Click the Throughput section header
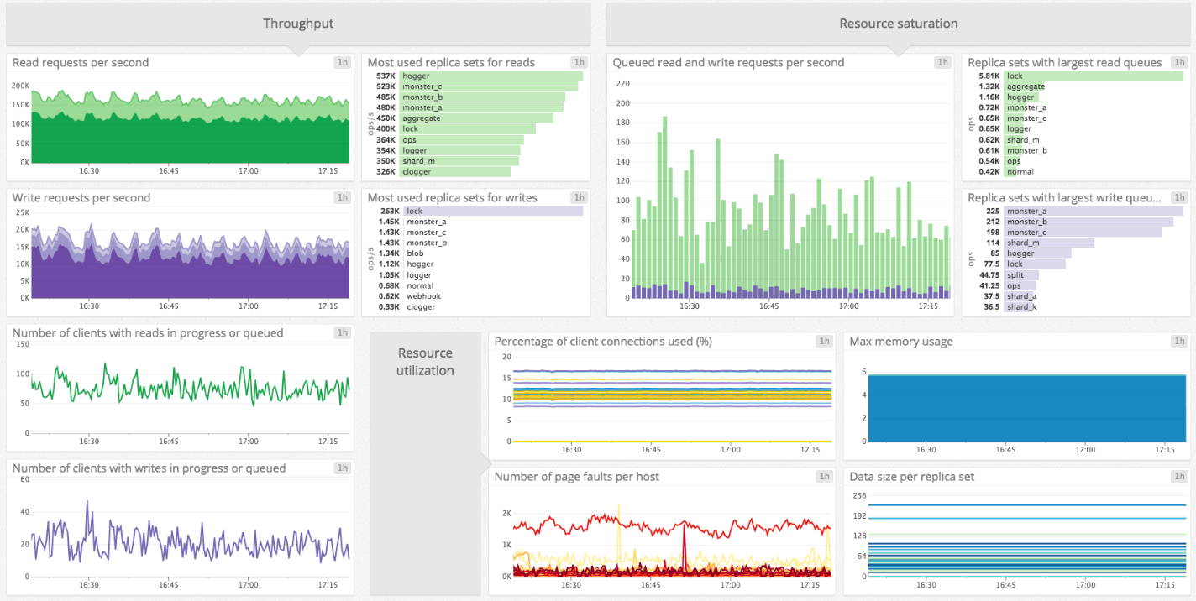[x=298, y=24]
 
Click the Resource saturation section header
[x=898, y=24]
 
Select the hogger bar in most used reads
[x=490, y=76]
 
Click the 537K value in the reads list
[x=386, y=76]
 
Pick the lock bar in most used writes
[x=492, y=212]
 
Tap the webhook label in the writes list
[x=423, y=296]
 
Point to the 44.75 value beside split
[x=988, y=274]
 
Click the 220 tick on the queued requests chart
[x=622, y=84]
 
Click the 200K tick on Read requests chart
[x=20, y=86]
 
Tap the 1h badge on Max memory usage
[x=1180, y=342]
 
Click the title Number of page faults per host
[x=576, y=477]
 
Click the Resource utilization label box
[x=425, y=362]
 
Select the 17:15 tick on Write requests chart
[x=328, y=306]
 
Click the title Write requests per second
[x=81, y=198]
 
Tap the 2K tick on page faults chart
[x=506, y=514]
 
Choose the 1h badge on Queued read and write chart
[x=942, y=63]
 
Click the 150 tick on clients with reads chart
[x=21, y=345]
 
